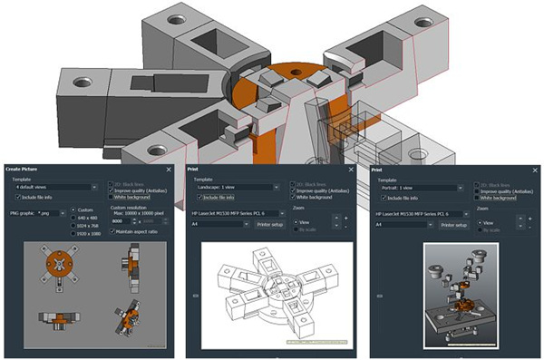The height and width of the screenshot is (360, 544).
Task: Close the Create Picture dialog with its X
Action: tap(169, 170)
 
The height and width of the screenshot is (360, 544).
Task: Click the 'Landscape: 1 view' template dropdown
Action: tap(236, 188)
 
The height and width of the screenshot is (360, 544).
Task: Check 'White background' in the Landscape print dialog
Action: tap(294, 197)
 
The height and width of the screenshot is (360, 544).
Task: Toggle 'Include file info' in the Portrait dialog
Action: tap(384, 198)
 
